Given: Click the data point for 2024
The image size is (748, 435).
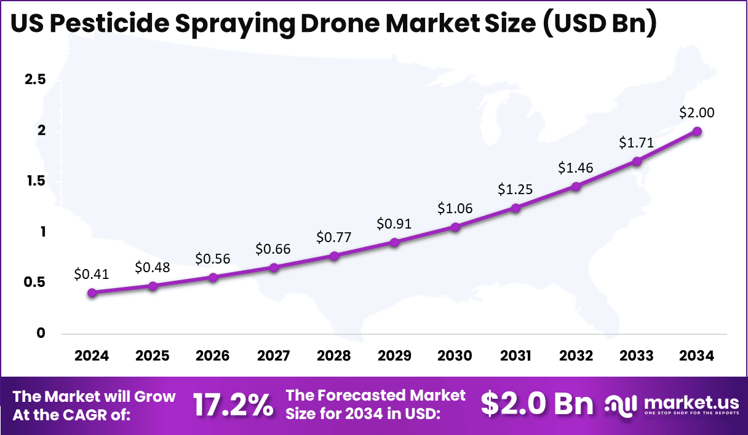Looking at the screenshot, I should point(92,293).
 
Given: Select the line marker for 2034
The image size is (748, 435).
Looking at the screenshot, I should point(697,131).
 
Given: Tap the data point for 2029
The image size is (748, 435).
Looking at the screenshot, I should point(394,242).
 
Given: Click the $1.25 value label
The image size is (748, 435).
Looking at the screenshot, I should point(515,190).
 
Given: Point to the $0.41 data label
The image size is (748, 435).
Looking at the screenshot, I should point(91,275).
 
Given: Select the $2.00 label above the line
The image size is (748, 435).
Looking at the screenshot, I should point(696,112).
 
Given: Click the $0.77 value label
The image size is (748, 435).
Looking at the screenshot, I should point(334,237).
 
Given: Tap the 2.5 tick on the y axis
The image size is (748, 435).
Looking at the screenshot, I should point(34,80).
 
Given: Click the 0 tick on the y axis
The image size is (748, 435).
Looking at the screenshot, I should point(41,333).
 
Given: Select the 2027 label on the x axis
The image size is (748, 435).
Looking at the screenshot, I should point(274,356).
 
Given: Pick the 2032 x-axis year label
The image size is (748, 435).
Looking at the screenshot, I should point(576,356).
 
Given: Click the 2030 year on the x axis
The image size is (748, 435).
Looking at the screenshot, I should point(455,356).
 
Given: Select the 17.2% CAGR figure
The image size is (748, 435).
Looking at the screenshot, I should point(233,406).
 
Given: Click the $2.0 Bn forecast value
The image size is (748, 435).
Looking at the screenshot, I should point(536,404).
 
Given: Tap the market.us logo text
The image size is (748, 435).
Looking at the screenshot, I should point(691,402).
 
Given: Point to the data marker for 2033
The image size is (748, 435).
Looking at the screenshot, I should point(637,162).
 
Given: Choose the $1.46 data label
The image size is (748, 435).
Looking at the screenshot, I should point(576,168).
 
